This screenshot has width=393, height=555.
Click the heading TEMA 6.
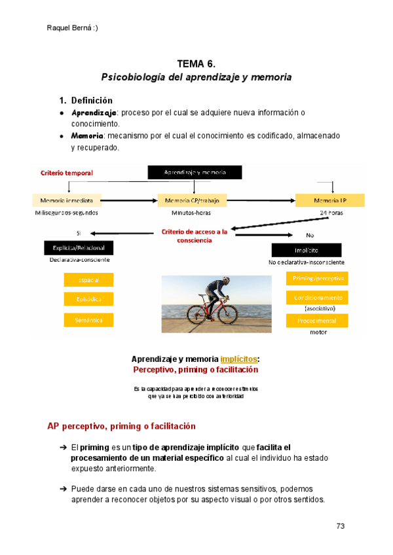click(196, 63)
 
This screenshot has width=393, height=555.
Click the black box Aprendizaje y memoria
click(195, 172)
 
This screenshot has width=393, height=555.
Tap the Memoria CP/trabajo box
click(191, 200)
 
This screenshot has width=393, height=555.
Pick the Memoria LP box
click(329, 200)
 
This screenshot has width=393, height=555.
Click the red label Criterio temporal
click(67, 173)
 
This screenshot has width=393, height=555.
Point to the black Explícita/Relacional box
click(79, 248)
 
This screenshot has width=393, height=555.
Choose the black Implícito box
click(306, 250)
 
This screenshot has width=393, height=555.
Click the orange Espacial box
click(88, 280)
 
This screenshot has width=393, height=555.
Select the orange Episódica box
click(88, 299)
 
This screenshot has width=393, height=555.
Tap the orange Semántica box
click(88, 320)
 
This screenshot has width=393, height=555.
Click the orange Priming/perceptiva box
click(316, 279)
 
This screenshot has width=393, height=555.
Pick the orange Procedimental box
click(316, 321)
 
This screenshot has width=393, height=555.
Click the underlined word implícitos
click(239, 359)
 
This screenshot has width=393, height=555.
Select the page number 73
click(340, 526)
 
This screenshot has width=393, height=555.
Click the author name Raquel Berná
click(73, 27)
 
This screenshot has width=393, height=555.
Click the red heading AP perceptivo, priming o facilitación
click(121, 426)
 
